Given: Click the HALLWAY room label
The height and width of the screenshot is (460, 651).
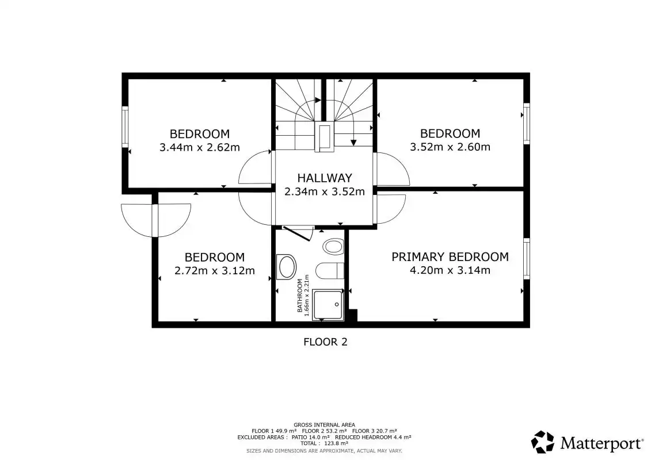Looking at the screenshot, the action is click(x=325, y=178).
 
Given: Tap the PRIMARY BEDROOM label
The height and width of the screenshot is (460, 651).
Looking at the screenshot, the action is click(x=450, y=257).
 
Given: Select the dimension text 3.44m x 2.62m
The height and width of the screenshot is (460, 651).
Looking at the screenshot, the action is click(x=200, y=147).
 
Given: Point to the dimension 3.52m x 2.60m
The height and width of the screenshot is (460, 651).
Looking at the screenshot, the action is click(x=450, y=147).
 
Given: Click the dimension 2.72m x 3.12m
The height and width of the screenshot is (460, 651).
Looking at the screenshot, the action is click(x=215, y=270).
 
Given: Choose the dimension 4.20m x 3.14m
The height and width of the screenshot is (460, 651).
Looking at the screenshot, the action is click(x=450, y=270).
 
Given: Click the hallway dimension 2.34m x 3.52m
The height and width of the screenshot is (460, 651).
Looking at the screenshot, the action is click(x=325, y=191).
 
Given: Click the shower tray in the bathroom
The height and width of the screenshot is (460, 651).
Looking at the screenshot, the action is click(x=328, y=305).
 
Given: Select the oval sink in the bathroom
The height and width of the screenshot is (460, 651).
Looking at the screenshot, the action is click(x=287, y=267).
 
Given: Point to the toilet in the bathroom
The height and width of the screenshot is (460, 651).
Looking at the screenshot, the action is click(x=330, y=271).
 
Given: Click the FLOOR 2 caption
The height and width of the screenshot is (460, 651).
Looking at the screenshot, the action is click(x=325, y=342).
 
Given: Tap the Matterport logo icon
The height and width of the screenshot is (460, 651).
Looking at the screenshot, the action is click(x=543, y=442).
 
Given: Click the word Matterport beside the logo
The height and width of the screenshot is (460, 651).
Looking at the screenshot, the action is click(x=601, y=443).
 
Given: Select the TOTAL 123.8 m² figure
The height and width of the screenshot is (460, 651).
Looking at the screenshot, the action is click(x=324, y=443).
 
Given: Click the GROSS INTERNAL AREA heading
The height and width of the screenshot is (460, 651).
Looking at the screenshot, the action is click(x=324, y=425).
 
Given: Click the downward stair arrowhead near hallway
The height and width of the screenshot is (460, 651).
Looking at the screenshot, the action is click(x=353, y=143).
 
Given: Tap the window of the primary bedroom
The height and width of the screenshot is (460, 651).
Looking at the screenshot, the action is click(x=527, y=258).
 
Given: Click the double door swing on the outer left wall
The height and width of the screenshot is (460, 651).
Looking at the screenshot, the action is click(x=155, y=220).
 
